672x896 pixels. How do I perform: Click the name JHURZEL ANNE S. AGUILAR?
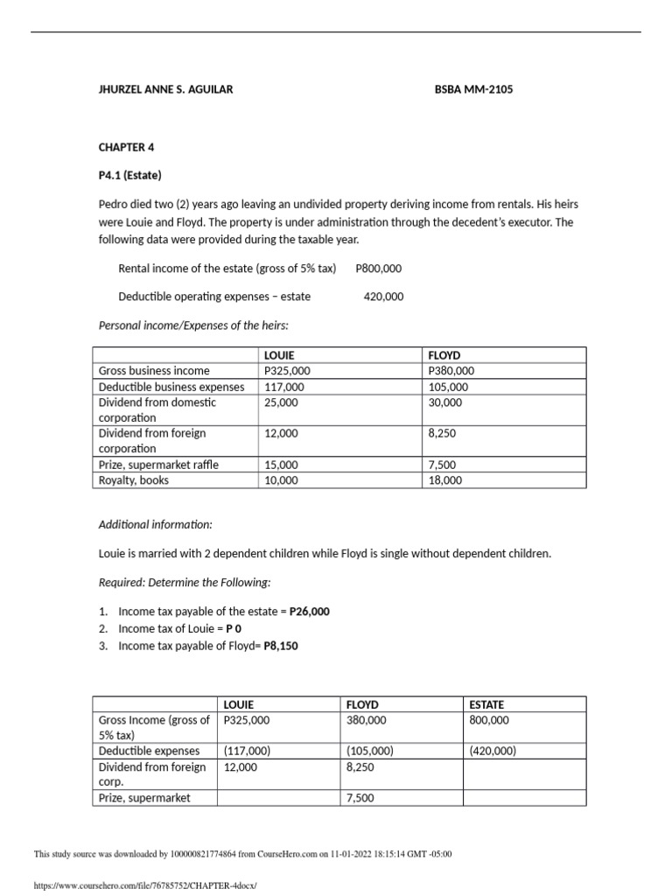pos(165,89)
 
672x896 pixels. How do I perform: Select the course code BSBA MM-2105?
pos(473,89)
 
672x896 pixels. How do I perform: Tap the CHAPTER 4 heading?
pos(126,147)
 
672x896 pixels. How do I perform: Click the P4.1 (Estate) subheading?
pos(129,175)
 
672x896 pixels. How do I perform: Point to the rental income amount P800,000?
pos(379,269)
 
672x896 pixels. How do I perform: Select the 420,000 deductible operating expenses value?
pos(383,297)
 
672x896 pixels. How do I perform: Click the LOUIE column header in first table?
pos(278,355)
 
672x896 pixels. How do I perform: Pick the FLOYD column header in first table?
pos(443,355)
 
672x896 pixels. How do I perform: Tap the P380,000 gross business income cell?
pos(451,371)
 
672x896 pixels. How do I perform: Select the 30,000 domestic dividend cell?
pos(444,402)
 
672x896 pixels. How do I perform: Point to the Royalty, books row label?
pos(134,480)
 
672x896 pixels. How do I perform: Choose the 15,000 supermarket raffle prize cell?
pos(280,465)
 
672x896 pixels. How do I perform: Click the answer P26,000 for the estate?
pos(309,612)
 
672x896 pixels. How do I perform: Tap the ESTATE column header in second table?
pos(486,704)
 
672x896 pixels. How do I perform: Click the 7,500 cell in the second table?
pos(360,798)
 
